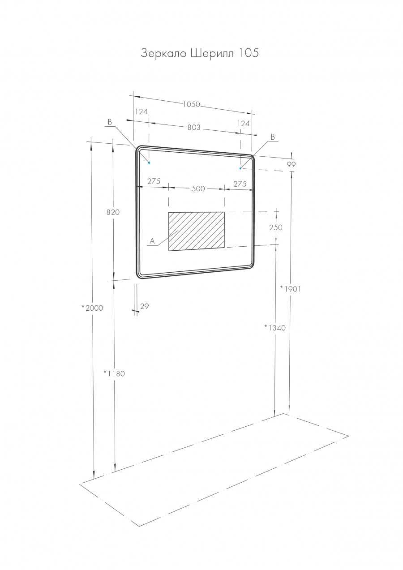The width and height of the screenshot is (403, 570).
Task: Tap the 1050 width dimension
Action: coord(191,104)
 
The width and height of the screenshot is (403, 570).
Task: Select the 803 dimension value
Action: coord(193,128)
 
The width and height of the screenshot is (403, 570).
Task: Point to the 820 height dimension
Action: coord(113,212)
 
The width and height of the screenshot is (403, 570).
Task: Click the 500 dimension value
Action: coord(198,189)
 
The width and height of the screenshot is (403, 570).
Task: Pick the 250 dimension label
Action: coord(276,227)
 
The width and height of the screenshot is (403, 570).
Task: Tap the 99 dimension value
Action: coord(292,164)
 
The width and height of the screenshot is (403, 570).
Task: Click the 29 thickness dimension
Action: coord(144,306)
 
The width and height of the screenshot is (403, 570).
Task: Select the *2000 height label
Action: coord(92,308)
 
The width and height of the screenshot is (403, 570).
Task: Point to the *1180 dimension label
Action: coord(114,373)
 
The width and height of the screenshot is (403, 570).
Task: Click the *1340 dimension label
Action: coord(274,327)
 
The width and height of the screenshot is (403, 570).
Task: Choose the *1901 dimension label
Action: coord(290,289)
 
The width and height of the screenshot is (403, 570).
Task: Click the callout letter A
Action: coord(152,241)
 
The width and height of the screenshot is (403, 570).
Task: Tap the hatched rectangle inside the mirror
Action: coord(196,231)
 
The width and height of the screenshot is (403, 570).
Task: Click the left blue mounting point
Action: coord(149,163)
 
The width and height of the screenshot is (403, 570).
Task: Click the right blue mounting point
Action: coord(240,168)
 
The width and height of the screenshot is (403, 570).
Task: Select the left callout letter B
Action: coord(110,122)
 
